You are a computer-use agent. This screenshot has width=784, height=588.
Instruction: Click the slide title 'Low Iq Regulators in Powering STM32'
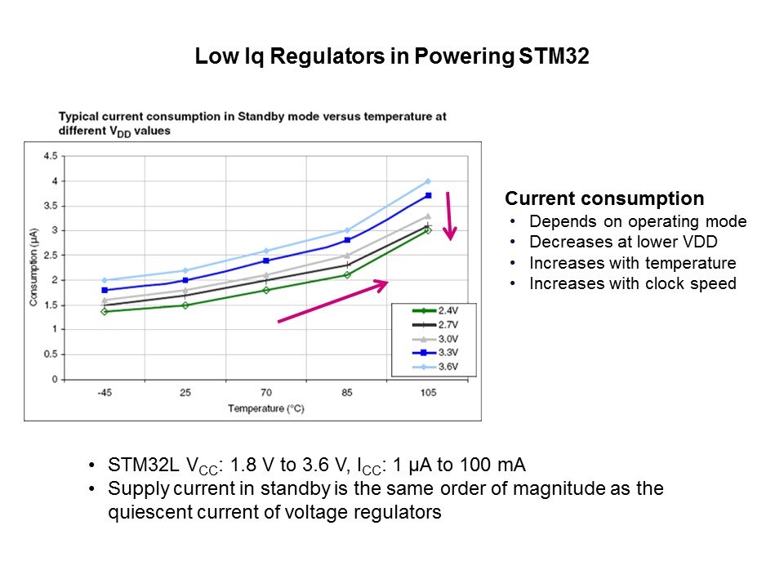coord(392,57)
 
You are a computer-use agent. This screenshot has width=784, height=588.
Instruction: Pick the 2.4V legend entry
coord(433,311)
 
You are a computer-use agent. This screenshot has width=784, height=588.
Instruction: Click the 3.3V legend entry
coord(433,354)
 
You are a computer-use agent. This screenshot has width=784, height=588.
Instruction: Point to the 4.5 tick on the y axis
coord(50,156)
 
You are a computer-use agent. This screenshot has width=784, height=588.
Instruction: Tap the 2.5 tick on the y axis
coord(50,256)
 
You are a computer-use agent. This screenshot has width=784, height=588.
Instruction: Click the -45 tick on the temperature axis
coord(104,393)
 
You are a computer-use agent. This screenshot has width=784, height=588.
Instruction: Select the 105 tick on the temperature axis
coord(428,393)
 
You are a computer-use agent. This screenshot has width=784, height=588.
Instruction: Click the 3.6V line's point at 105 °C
coord(427,181)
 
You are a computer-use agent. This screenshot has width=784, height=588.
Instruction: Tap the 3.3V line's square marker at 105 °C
coord(427,195)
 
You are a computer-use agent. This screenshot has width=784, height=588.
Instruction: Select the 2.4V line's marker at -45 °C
coord(104,311)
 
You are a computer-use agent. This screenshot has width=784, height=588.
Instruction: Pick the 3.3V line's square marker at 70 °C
coord(266,261)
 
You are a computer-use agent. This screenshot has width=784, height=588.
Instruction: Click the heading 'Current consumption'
coord(604,198)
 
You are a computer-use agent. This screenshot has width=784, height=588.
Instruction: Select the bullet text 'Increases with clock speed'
coord(632,284)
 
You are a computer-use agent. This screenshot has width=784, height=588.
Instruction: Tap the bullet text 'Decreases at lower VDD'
coord(624,243)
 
